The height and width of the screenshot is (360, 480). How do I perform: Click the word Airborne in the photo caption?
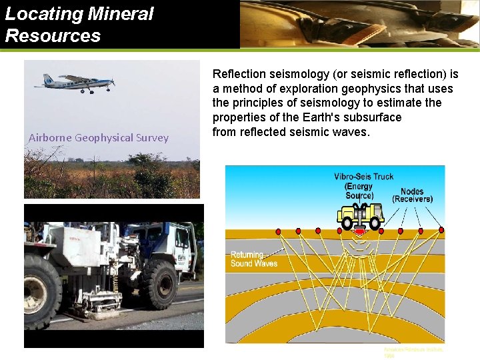click(50, 138)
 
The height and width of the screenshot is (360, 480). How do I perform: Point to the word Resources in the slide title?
click(53, 35)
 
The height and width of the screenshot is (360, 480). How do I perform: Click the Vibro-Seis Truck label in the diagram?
click(363, 177)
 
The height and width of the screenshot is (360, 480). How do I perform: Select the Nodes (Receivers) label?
click(412, 195)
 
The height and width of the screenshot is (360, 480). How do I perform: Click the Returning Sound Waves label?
click(254, 259)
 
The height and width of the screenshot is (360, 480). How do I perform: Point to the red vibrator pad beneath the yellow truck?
click(360, 232)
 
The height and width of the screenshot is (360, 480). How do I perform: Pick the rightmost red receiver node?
click(441, 231)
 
